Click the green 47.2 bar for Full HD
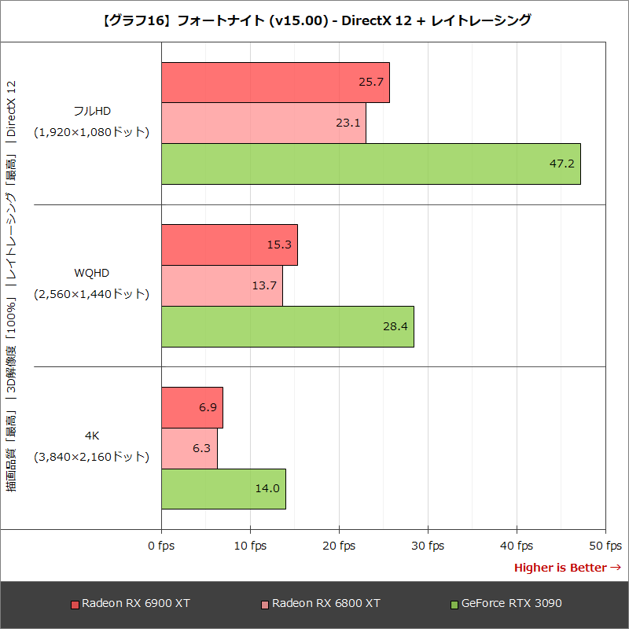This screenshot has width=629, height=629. tap(370, 164)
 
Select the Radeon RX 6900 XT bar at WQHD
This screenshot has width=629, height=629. tap(229, 245)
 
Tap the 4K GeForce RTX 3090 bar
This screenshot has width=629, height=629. tap(223, 488)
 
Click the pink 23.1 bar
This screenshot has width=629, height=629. tap(263, 123)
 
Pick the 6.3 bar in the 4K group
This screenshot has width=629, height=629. tap(189, 448)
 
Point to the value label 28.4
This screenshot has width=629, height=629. tap(395, 326)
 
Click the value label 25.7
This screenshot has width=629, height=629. tap(371, 82)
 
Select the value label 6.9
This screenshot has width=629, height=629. tap(208, 407)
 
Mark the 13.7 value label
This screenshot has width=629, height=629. tap(264, 285)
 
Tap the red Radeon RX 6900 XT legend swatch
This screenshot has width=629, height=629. tap(75, 605)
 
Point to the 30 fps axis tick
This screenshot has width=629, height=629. tap(428, 546)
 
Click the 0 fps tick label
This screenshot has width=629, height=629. tap(161, 546)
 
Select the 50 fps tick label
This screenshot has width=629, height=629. tap(605, 546)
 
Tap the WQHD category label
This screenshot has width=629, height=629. tap(91, 273)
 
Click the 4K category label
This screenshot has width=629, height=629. tap(91, 436)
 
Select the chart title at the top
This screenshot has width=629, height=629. tap(314, 21)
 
